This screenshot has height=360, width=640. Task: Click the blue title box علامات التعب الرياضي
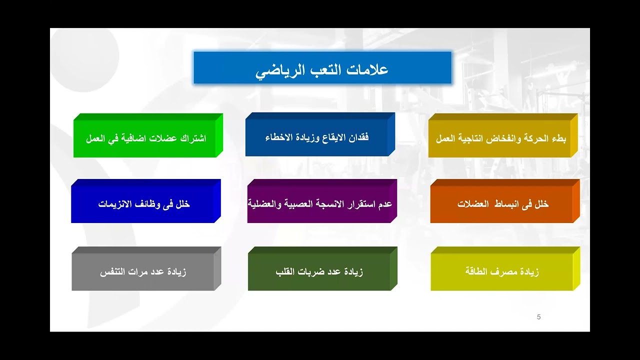click(x=322, y=68)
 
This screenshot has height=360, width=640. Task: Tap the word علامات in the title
click(x=369, y=69)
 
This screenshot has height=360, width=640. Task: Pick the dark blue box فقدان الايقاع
click(x=317, y=137)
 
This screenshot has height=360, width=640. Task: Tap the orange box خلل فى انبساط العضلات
click(x=502, y=204)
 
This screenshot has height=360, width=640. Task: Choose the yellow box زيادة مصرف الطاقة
click(x=502, y=272)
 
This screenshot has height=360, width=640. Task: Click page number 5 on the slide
click(x=538, y=317)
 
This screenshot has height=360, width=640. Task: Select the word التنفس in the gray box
click(x=112, y=272)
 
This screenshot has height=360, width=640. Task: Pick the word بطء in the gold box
click(x=558, y=138)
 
